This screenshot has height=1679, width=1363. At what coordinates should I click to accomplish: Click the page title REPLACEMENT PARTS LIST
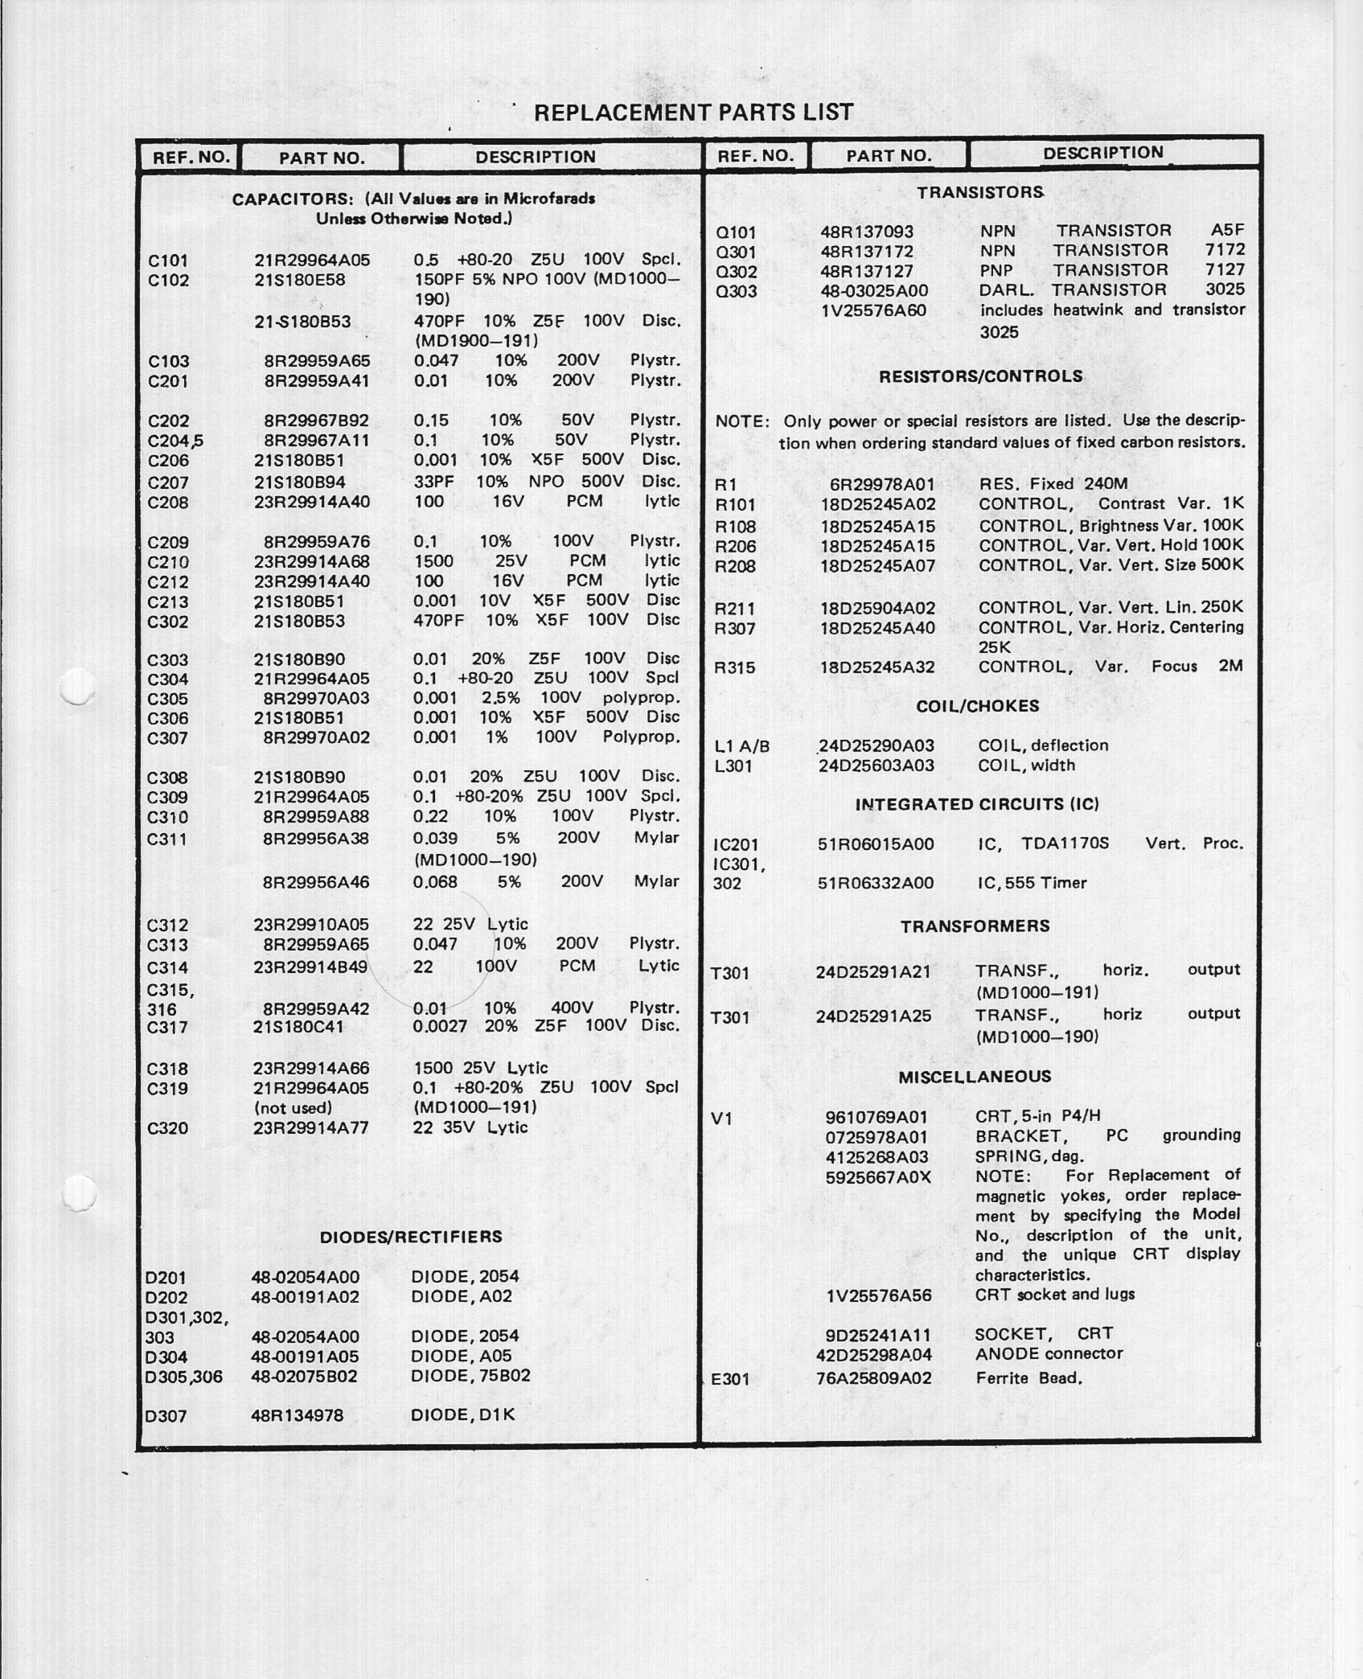click(x=693, y=113)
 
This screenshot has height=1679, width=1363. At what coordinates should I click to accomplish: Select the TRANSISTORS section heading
click(x=980, y=192)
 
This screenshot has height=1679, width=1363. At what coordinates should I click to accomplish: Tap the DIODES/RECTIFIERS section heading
click(x=411, y=1237)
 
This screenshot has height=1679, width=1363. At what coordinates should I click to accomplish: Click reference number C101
click(x=168, y=261)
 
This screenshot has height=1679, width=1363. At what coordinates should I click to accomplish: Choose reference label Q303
click(x=736, y=291)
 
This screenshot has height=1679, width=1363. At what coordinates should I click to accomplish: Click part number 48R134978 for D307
click(x=298, y=1415)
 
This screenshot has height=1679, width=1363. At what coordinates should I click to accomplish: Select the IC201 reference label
click(x=736, y=844)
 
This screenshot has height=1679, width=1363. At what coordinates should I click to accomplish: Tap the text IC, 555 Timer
click(x=1032, y=883)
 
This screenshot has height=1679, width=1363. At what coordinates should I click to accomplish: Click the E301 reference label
click(x=730, y=1379)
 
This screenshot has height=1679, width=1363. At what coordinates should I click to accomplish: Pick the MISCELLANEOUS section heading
click(x=975, y=1077)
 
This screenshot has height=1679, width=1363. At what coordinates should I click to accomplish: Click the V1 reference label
click(x=722, y=1118)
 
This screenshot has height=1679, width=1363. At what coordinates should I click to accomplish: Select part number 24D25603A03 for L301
click(x=877, y=766)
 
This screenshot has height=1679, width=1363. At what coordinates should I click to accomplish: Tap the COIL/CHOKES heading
click(x=978, y=706)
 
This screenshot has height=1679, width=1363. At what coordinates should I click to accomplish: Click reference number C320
click(x=167, y=1128)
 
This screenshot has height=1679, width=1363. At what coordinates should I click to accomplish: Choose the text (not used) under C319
click(x=293, y=1108)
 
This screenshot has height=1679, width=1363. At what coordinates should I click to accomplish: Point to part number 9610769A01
click(x=877, y=1117)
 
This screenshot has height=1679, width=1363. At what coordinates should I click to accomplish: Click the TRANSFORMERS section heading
click(x=975, y=926)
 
